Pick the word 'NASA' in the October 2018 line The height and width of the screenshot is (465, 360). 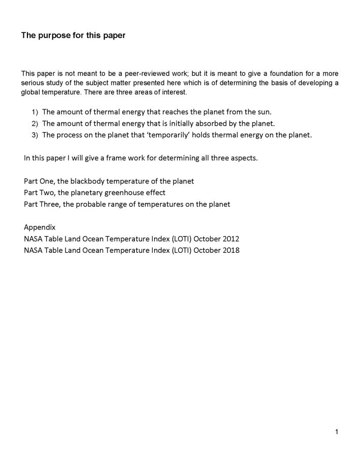tap(34, 250)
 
